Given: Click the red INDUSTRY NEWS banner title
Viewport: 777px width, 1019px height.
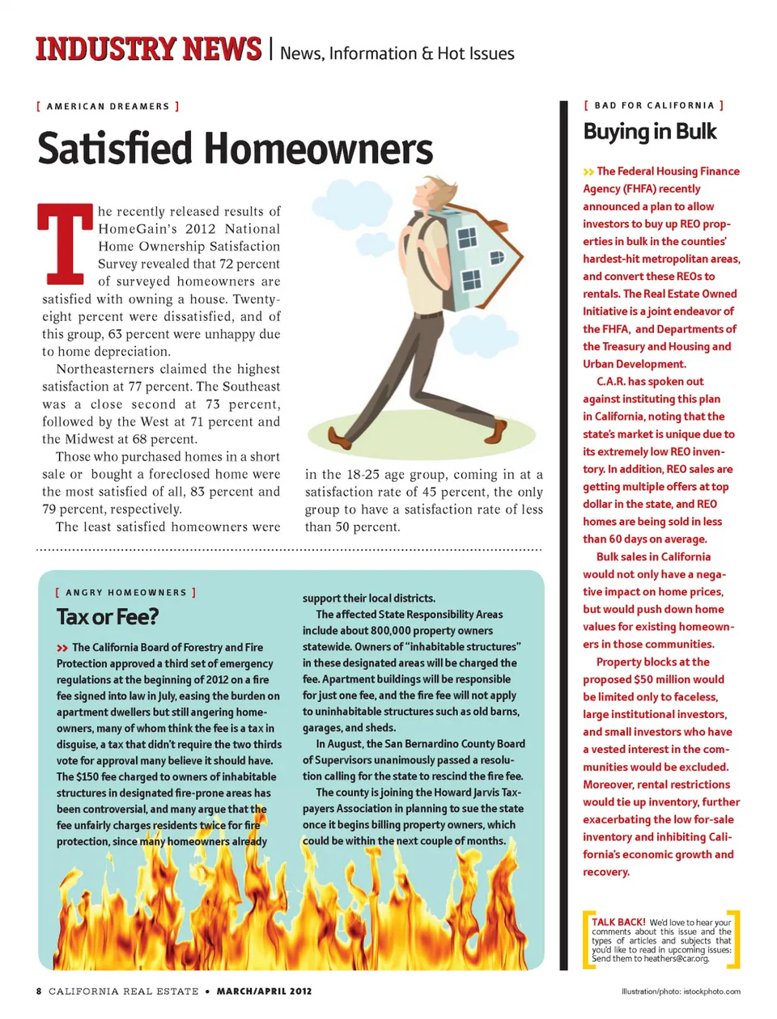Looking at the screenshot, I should [148, 49].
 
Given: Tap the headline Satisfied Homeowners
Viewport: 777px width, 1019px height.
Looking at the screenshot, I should [235, 149].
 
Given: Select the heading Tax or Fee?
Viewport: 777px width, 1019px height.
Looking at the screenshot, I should [108, 617].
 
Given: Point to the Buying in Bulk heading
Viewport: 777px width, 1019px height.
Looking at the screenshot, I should [650, 132].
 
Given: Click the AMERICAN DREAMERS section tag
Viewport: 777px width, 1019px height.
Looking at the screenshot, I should [108, 106].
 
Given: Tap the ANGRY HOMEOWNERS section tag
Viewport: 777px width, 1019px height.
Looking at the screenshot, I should [126, 593].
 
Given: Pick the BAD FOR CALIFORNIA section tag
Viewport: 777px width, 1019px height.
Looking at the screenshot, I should [654, 105].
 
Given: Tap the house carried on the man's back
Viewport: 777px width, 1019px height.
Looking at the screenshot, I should [473, 256].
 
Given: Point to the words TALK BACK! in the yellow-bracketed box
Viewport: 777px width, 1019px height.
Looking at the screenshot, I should [618, 922].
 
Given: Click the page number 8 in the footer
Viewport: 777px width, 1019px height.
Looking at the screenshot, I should [39, 991].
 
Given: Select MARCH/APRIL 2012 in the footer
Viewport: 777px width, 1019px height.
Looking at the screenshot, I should [264, 991].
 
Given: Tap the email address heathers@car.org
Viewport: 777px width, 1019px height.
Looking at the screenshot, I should [677, 958].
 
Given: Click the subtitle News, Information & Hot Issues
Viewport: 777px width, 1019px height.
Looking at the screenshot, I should [397, 53].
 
